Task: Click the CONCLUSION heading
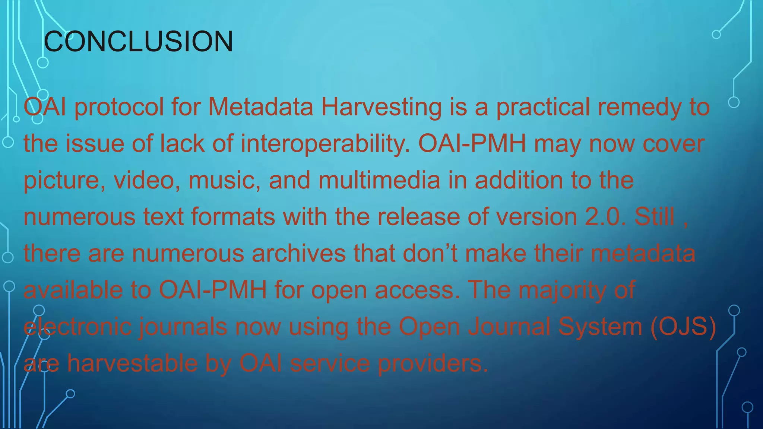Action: [138, 41]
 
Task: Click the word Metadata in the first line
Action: [260, 107]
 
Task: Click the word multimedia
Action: [379, 180]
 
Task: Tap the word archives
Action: [299, 253]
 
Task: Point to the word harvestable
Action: [132, 363]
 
